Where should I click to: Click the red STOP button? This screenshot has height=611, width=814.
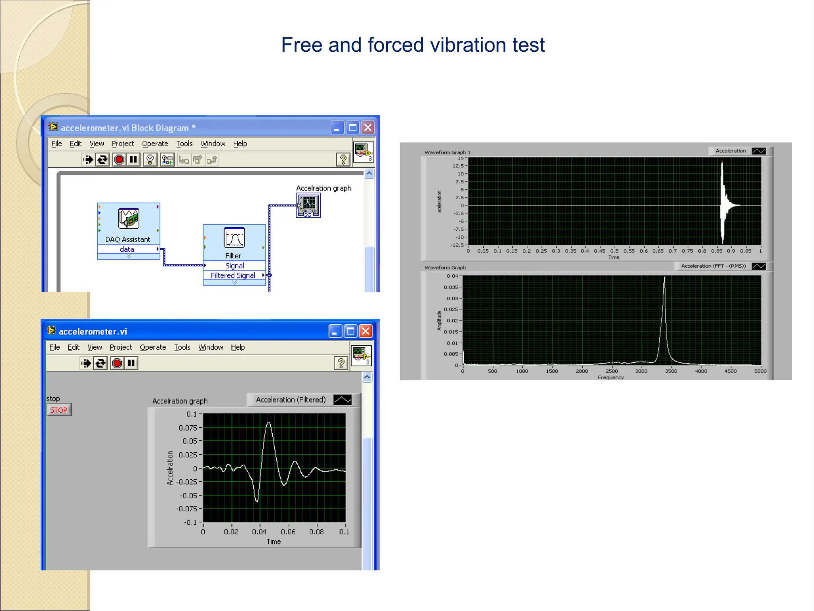coord(59,410)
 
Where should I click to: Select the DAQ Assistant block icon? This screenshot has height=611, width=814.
coord(128,218)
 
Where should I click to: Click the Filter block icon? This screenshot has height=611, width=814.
coord(234,237)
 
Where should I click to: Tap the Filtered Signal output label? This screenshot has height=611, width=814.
coord(233,276)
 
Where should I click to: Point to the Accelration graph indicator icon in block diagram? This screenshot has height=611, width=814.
coord(308,205)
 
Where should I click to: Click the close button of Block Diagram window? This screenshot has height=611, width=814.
coord(368,128)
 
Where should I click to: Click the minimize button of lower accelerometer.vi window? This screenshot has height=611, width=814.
coord(335,331)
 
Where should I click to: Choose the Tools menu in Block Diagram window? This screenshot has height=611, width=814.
coord(184,144)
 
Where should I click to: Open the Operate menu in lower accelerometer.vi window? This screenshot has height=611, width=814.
coord(153,347)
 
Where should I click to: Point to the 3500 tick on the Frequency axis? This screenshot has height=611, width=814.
coord(671,371)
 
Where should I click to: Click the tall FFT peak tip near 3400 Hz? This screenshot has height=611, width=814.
coord(664,277)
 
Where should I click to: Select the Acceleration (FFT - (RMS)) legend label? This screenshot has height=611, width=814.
coord(713,266)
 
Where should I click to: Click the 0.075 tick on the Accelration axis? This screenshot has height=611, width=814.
coord(188,428)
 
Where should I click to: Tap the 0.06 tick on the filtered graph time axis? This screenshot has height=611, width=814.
coord(288,532)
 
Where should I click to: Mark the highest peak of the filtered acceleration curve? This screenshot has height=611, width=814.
coord(269,423)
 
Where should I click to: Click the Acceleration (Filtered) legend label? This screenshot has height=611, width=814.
coord(291,400)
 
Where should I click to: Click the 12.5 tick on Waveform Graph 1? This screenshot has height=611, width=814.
coord(458,166)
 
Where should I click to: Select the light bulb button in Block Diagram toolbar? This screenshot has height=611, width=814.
coord(150,160)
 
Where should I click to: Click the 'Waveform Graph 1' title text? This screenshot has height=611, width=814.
coord(447,152)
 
